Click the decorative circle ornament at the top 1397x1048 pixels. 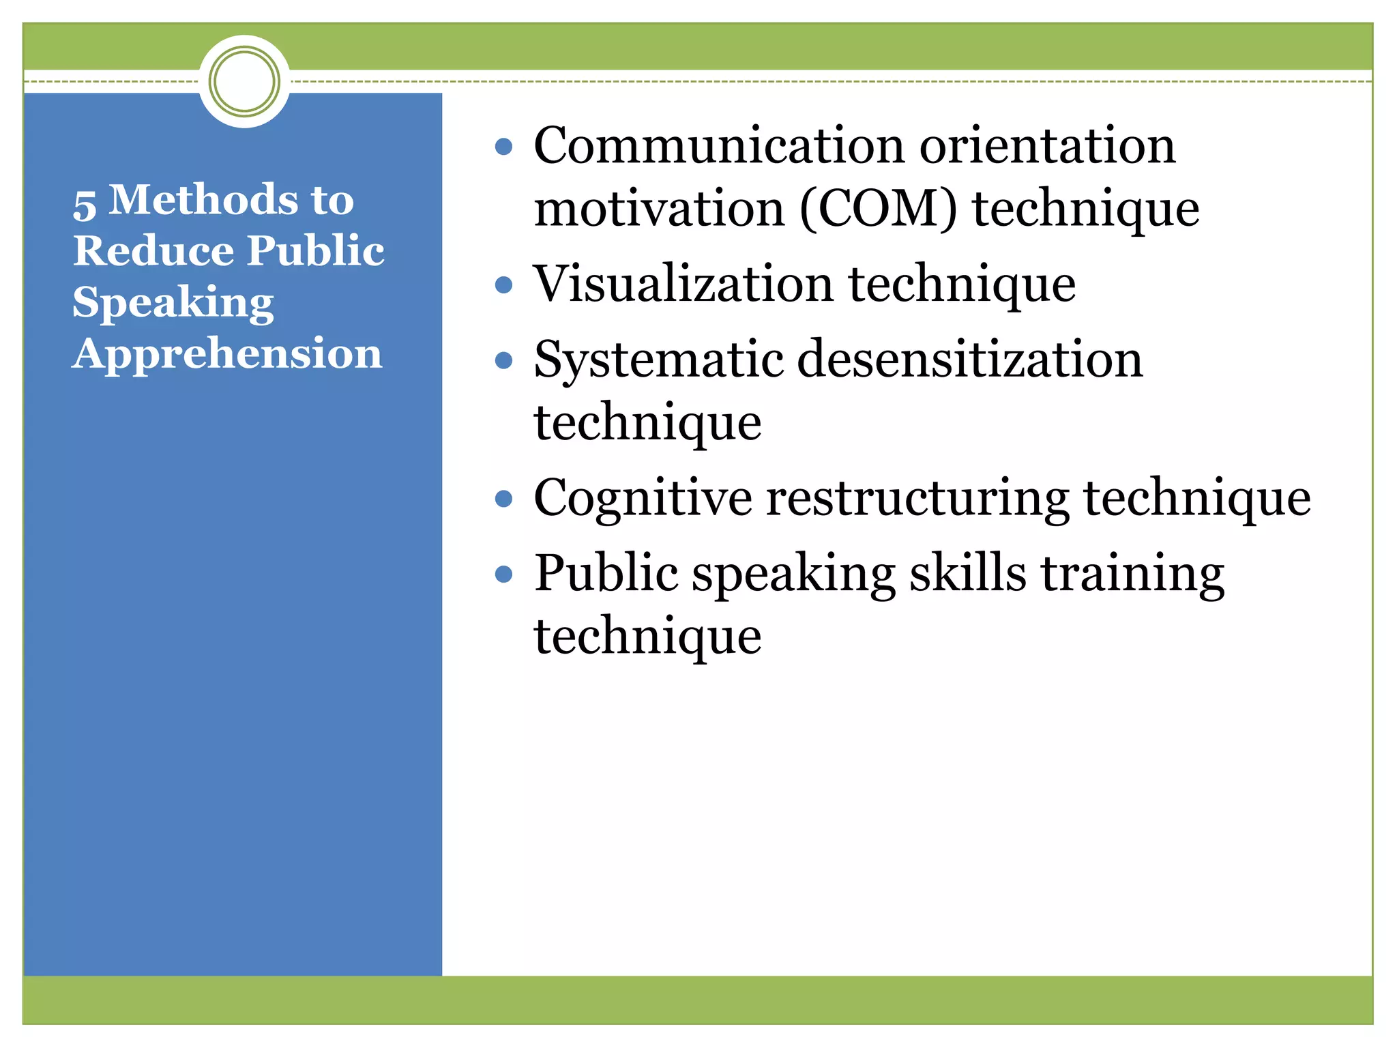click(244, 81)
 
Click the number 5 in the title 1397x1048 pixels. click(85, 203)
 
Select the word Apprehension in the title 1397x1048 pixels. click(227, 353)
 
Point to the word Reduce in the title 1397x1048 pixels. click(153, 250)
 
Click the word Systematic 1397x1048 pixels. click(658, 360)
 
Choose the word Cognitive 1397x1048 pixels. click(643, 497)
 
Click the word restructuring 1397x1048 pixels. click(917, 497)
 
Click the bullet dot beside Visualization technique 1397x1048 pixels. click(503, 285)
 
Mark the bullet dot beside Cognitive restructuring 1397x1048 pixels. click(503, 498)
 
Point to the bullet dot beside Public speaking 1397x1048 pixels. click(503, 574)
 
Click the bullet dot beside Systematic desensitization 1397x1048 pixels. click(503, 360)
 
